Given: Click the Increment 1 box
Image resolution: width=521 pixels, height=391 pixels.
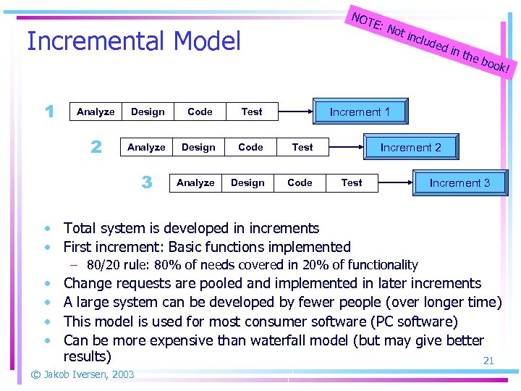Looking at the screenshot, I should coord(360,112).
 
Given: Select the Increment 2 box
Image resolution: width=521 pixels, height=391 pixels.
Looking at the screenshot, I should coord(410,147).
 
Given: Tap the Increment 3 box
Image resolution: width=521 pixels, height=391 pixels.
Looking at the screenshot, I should coord(459,182).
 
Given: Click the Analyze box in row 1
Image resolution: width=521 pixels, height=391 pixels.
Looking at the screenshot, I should coord(96,112).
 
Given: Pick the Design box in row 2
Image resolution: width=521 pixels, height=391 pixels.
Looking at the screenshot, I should coord(198,147).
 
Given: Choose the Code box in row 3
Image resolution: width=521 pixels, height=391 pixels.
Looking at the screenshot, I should coord(300,182).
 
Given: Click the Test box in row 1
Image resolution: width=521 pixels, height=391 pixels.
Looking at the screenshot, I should coord(252,112).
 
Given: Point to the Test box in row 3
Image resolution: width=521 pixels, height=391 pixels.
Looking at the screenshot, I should coord(352,182).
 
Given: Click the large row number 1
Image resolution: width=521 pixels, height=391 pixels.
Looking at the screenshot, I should coord(48,112).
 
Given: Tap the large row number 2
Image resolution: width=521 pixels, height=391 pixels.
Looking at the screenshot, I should coord(96,147).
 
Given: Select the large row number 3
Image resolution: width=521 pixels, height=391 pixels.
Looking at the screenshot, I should coord(146,182).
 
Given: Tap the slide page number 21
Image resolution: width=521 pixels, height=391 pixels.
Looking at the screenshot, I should coord(488,361).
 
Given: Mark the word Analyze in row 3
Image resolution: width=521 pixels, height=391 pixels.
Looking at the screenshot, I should coord(195,182).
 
